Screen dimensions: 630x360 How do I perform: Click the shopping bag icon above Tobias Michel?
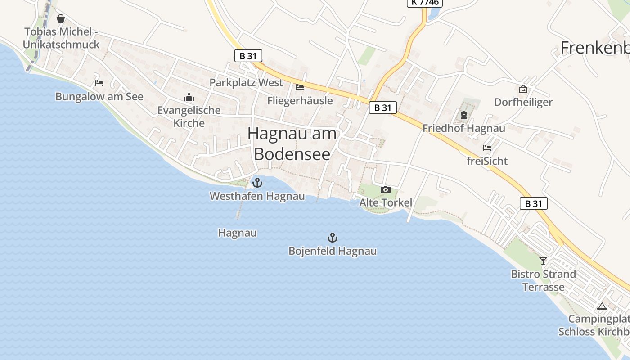[x=61, y=18]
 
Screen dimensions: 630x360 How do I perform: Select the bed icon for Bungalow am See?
[x=99, y=83]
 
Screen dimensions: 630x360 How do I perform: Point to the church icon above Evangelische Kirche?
[x=189, y=97]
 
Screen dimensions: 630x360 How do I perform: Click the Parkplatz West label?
[x=246, y=83]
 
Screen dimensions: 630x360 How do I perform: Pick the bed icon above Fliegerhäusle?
[x=300, y=87]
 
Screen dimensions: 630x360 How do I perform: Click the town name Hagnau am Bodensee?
[x=292, y=144]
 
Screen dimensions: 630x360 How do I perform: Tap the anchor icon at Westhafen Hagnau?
[x=257, y=183]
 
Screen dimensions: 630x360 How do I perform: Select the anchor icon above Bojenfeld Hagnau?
[x=332, y=238]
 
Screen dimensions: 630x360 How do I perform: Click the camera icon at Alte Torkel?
[x=385, y=189]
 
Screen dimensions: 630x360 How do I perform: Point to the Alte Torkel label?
[x=386, y=202]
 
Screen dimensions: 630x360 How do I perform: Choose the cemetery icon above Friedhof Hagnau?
[x=463, y=116]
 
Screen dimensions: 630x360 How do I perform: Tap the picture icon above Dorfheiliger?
[x=523, y=89]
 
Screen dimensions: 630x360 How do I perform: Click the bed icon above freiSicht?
[x=487, y=148]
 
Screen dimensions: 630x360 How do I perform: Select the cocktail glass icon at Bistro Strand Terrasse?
[x=543, y=261]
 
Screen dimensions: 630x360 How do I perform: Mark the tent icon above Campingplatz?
[x=602, y=306]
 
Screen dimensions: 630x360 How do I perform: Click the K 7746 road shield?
[x=425, y=3]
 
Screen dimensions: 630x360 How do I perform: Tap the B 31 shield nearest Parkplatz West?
[x=248, y=56]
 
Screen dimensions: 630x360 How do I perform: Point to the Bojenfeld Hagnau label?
[x=333, y=251]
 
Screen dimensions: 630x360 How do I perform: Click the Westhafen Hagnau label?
[x=257, y=196]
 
